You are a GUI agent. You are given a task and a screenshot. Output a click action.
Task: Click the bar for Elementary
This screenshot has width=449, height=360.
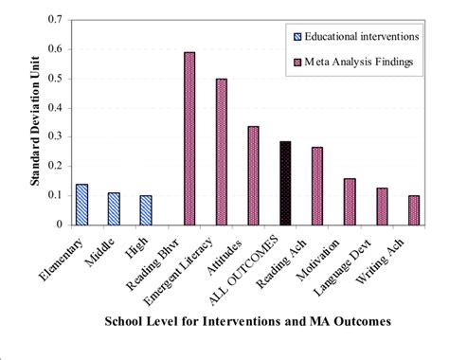click(x=81, y=205)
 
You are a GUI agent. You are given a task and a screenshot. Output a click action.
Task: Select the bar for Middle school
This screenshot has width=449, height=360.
click(x=114, y=209)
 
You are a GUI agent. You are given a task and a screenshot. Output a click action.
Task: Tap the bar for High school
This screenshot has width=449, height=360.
click(x=146, y=210)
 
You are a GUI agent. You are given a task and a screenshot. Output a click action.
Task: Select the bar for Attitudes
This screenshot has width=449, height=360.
click(x=253, y=176)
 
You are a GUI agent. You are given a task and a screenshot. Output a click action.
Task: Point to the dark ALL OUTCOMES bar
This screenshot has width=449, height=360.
click(x=285, y=184)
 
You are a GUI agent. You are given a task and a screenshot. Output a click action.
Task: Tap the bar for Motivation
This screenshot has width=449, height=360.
click(x=350, y=202)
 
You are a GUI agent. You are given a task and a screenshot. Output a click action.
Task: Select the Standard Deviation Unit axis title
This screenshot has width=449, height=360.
click(x=33, y=122)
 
